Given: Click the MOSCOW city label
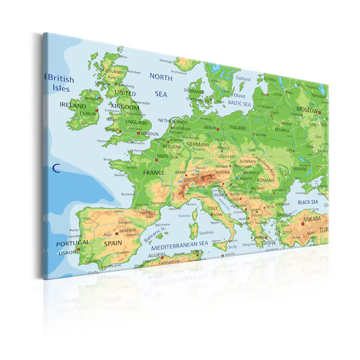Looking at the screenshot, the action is [307, 110].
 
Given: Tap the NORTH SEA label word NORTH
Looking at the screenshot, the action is [161, 77].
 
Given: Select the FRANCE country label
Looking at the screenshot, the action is [154, 173].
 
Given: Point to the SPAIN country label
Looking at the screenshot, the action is [113, 243].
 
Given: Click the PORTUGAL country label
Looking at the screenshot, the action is [72, 243].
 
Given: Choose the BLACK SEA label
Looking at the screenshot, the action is [308, 202].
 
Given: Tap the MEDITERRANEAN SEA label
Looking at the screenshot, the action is [180, 244].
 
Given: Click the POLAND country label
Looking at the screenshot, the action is [237, 128].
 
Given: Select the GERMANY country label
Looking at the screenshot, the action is [198, 144].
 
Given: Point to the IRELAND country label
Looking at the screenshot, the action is [73, 105].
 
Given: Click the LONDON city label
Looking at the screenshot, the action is [150, 134].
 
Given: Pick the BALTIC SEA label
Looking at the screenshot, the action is [240, 104].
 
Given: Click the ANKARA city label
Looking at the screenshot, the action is [312, 219].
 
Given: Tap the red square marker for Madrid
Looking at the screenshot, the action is [116, 234].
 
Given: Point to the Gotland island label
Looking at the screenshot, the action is [243, 79].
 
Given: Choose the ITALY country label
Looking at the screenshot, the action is [213, 208].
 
